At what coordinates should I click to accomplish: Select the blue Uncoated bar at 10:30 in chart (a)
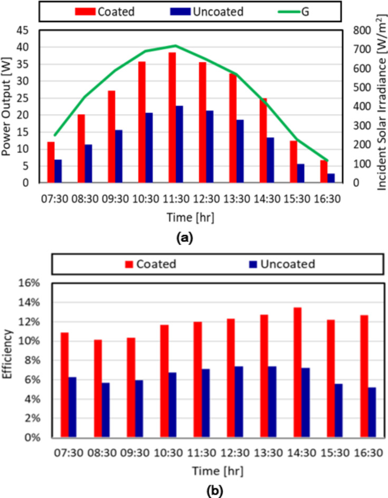(x=149, y=148)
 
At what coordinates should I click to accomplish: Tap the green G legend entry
(x=295, y=11)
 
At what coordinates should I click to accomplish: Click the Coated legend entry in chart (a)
(x=98, y=11)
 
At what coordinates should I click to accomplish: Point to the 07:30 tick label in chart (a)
(x=54, y=200)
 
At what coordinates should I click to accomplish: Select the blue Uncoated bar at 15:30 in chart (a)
(x=300, y=173)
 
